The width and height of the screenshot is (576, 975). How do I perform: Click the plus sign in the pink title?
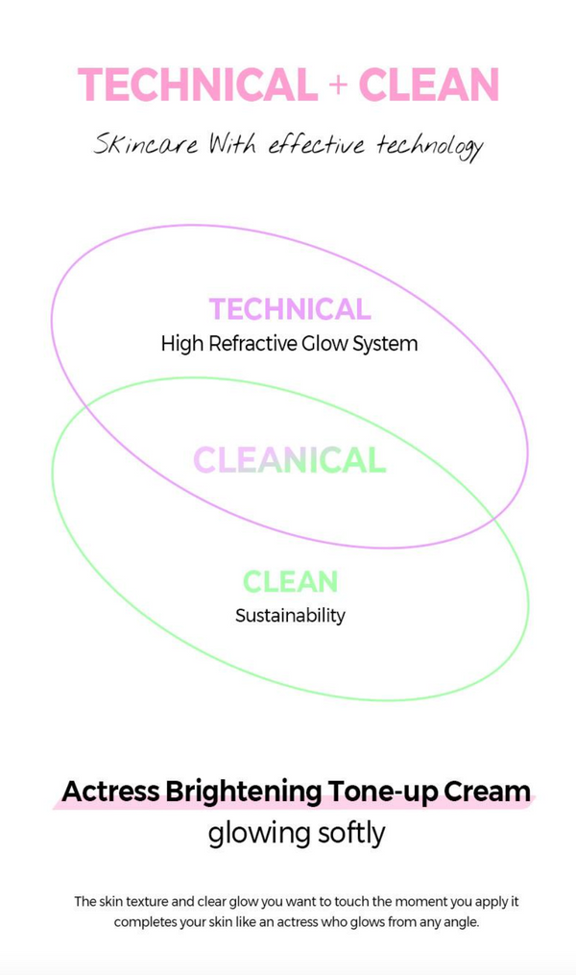coord(338,85)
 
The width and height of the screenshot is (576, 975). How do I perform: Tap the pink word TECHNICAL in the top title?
coord(198,85)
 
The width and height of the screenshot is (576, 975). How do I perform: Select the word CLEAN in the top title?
coord(429,85)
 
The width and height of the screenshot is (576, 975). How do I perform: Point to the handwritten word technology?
coord(430,147)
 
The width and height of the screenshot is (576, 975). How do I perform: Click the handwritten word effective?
coord(316,144)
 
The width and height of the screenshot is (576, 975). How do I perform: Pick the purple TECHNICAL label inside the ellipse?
coord(290,309)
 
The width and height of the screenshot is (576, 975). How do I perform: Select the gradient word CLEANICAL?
coord(290,460)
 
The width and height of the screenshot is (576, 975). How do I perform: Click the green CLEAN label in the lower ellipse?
coord(290,581)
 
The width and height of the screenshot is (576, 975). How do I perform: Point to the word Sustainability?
coord(290,616)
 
